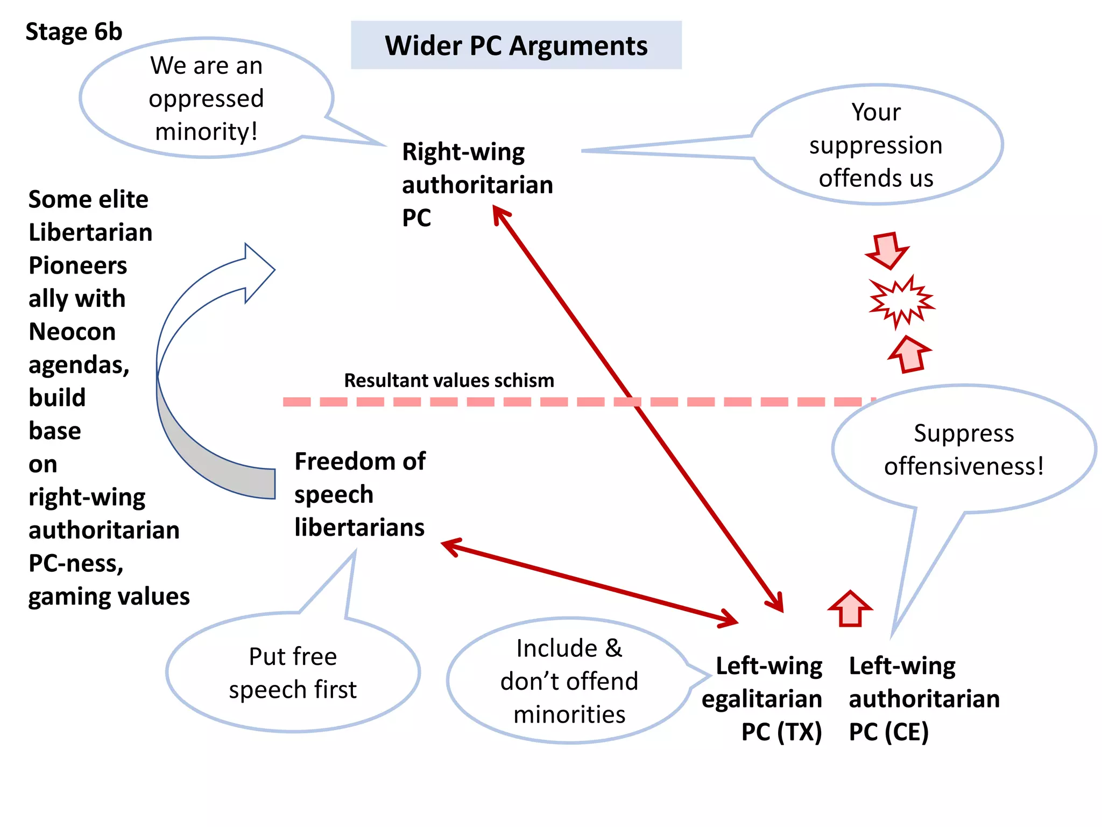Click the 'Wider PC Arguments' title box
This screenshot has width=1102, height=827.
[516, 45]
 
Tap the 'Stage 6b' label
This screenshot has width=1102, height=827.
[74, 32]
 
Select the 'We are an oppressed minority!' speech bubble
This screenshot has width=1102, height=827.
[207, 99]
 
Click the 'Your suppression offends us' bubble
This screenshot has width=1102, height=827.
[876, 145]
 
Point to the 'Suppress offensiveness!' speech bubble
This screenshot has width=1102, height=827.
[963, 450]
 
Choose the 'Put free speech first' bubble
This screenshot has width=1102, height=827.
[293, 673]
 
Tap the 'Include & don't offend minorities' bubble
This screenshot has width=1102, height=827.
[569, 681]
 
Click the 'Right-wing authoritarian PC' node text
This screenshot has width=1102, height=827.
[477, 185]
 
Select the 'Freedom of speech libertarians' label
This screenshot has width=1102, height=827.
[359, 494]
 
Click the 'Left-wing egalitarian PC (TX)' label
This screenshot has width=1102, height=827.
[762, 699]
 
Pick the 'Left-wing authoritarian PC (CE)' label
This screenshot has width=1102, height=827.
[924, 699]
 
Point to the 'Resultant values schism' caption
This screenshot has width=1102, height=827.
[449, 381]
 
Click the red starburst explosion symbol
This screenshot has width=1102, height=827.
[901, 302]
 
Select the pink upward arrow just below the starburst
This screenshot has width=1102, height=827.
[909, 354]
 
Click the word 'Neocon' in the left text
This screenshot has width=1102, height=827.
[72, 332]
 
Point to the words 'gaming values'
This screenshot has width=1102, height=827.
[109, 597]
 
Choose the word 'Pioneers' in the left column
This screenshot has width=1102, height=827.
[78, 265]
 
